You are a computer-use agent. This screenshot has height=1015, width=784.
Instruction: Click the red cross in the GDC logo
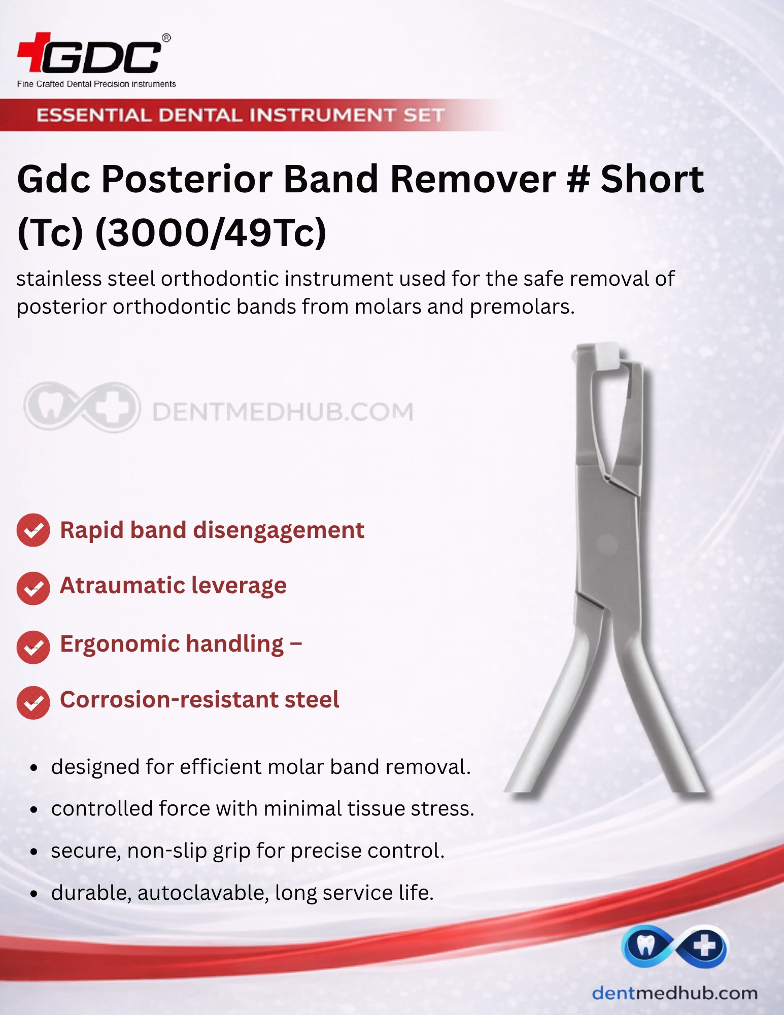[34, 52]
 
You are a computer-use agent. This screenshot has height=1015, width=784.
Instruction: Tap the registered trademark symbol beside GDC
[166, 38]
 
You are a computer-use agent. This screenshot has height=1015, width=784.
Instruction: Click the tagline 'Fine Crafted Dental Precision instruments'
[96, 84]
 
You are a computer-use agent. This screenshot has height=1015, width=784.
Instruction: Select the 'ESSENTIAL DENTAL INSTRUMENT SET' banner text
[241, 115]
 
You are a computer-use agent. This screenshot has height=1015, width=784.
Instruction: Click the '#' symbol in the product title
[578, 179]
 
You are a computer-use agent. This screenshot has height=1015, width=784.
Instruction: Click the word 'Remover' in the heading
[473, 179]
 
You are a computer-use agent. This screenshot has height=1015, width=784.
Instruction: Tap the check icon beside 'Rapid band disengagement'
[33, 530]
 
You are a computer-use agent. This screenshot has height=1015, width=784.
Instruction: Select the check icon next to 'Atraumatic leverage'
[33, 588]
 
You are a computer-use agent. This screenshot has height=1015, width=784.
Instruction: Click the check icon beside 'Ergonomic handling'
[33, 647]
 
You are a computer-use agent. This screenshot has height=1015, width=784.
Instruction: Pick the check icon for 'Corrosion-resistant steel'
[33, 702]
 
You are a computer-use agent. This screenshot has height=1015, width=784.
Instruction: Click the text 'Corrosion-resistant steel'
[199, 699]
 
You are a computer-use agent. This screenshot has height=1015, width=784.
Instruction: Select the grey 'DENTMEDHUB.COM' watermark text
[283, 412]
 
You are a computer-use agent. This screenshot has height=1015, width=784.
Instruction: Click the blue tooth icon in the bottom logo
[645, 945]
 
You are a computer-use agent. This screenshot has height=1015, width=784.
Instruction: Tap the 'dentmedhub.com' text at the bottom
[675, 993]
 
